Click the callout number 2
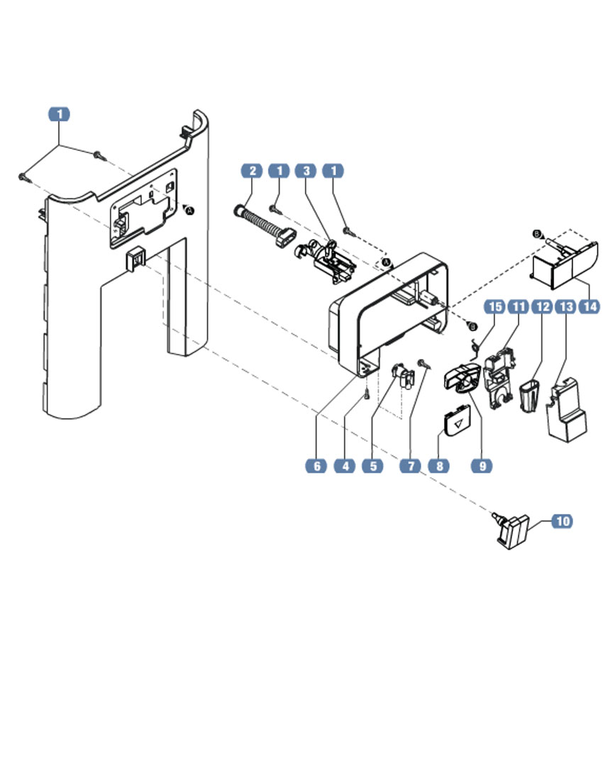[x=251, y=171]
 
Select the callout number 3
[x=306, y=171]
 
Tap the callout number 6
[x=316, y=466]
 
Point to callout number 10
[x=561, y=521]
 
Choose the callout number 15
[x=494, y=306]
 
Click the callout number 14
[x=589, y=306]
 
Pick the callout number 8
[x=439, y=466]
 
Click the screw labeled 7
[x=424, y=363]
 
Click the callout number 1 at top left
[x=60, y=114]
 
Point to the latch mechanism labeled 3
[x=328, y=260]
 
